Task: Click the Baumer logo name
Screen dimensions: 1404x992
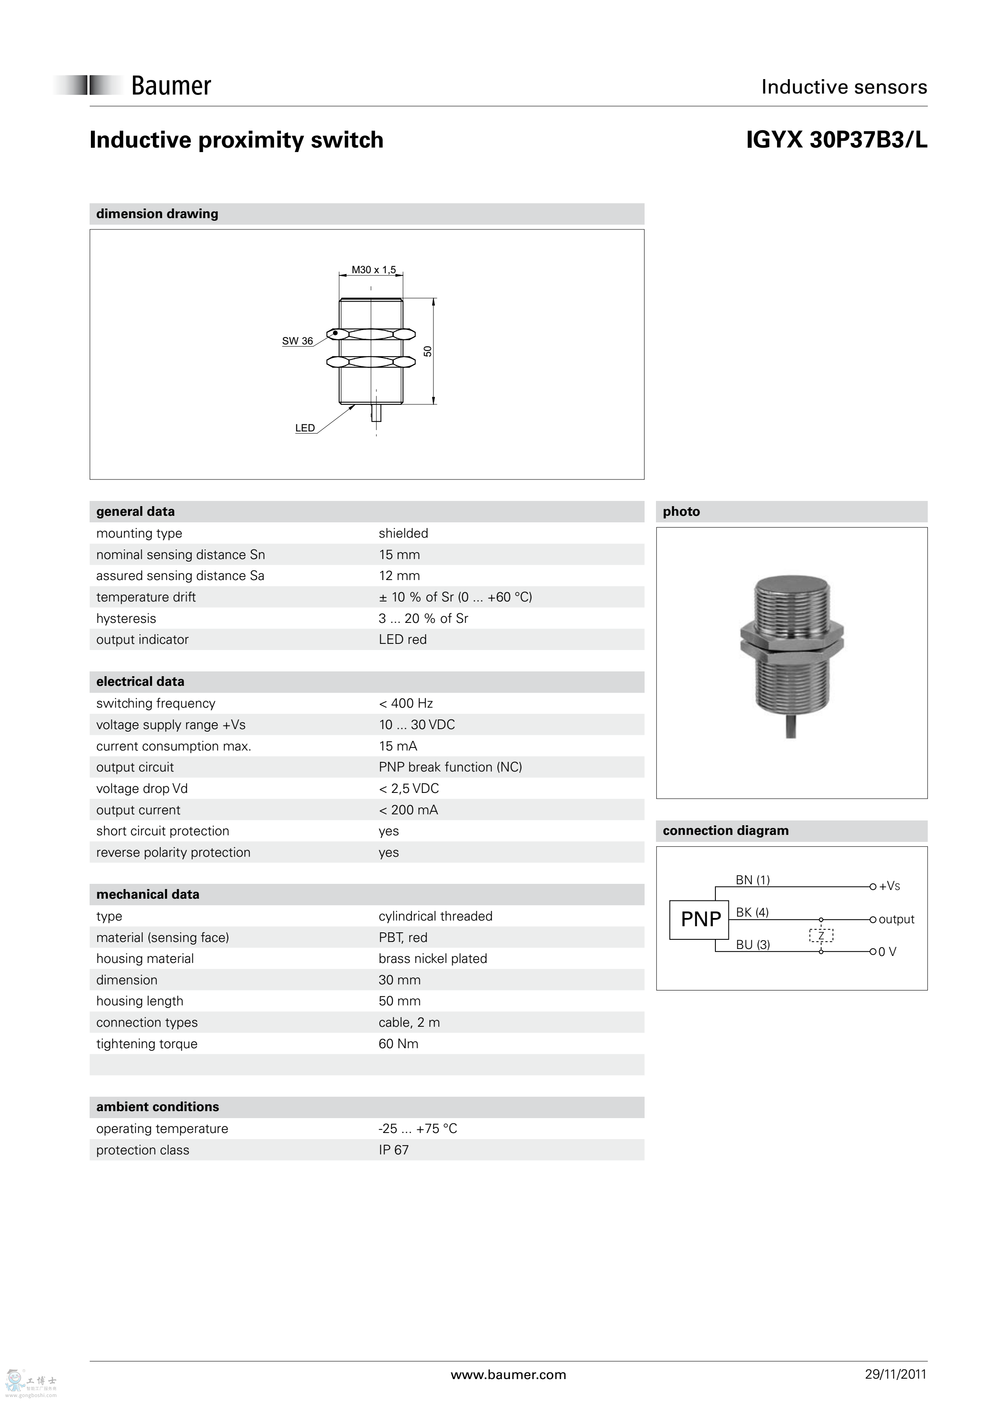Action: (171, 86)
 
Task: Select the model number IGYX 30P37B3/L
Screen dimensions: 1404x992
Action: (836, 140)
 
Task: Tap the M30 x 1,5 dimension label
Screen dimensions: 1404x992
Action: (374, 270)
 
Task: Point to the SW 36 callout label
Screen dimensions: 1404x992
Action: (297, 341)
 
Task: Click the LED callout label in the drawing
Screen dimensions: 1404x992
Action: (305, 428)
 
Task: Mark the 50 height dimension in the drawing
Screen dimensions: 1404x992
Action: (428, 351)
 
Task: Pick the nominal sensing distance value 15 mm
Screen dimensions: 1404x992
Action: (399, 555)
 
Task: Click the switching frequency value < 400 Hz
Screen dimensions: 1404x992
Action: (406, 703)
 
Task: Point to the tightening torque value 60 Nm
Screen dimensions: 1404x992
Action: (399, 1044)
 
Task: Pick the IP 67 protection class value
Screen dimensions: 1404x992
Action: (394, 1150)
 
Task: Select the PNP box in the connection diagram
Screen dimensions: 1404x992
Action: (700, 919)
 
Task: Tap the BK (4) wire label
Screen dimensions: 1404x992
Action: (752, 912)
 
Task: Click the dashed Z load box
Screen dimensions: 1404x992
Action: (821, 935)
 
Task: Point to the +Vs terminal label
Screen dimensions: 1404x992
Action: (889, 886)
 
